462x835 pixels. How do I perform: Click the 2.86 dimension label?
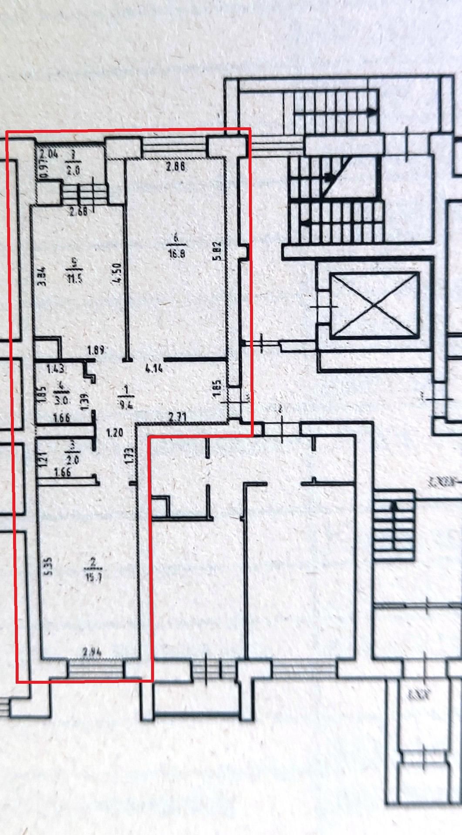point(176,166)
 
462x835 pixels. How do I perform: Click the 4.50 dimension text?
point(115,274)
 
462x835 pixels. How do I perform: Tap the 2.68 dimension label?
point(78,212)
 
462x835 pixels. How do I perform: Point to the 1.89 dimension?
point(95,350)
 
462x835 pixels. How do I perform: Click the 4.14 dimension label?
point(154,369)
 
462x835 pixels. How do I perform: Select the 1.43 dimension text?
point(56,369)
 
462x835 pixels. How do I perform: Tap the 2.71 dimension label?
point(178,416)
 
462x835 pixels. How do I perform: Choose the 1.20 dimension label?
point(115,433)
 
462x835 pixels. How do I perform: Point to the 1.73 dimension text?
point(128,457)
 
